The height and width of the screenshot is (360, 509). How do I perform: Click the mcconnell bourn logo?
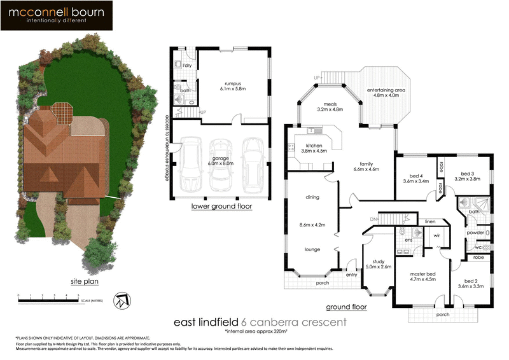pos(57,16)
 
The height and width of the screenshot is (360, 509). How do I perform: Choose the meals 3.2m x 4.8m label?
pos(330,106)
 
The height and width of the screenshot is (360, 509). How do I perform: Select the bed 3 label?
pos(468,176)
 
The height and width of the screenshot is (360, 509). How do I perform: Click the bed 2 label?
pos(468,283)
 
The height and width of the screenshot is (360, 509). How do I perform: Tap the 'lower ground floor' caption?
pos(221,207)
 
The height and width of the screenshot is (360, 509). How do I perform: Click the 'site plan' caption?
pos(84,280)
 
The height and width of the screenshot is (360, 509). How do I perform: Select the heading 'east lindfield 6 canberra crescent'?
pos(260,322)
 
